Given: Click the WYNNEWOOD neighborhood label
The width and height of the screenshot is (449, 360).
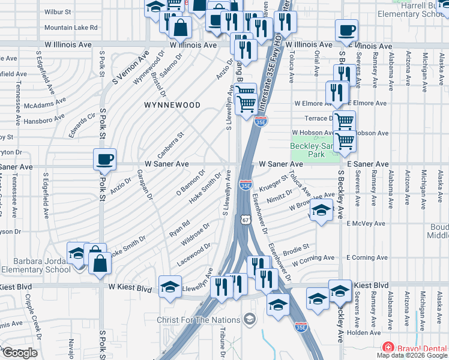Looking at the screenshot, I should click(x=172, y=105).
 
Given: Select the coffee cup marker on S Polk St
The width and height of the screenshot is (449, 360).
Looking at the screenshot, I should click(x=104, y=160).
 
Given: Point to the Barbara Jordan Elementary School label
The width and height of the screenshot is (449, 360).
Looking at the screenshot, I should click(x=35, y=265).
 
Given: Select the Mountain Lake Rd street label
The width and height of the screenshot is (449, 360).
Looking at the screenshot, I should click(x=71, y=28).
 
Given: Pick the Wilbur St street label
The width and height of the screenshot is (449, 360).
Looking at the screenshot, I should click(x=58, y=11).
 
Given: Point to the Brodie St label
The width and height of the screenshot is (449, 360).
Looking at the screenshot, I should click(x=297, y=247).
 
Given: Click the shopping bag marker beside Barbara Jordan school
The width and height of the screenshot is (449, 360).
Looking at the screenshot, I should click(x=99, y=263).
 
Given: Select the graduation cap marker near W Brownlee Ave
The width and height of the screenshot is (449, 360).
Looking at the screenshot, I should click(x=322, y=211).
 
